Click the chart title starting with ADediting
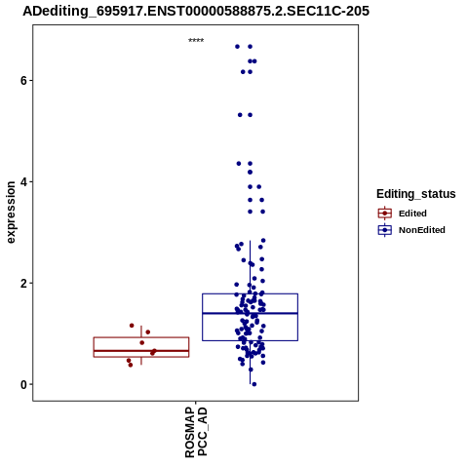point(196,11)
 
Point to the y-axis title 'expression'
point(11,213)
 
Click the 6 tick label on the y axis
point(23,80)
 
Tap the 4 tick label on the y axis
point(23,181)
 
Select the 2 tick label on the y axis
point(23,283)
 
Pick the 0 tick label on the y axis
point(23,384)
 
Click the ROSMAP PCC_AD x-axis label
point(196,432)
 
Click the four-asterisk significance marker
point(196,41)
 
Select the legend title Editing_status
point(416,194)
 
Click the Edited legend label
point(412,214)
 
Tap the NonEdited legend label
point(422,230)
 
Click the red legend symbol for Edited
point(385,214)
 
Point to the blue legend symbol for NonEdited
point(385,230)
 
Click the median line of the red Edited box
point(141,351)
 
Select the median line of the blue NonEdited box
point(250,313)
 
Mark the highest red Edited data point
point(132,326)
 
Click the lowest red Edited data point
point(131,365)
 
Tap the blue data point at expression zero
point(254,384)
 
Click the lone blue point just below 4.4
point(250,172)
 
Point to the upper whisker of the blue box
point(250,267)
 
